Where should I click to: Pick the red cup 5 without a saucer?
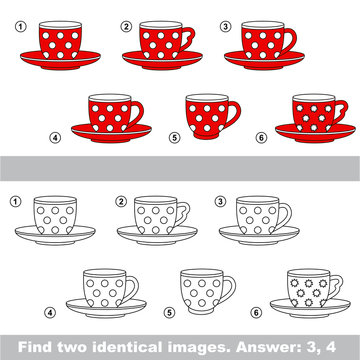[x=208, y=117]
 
